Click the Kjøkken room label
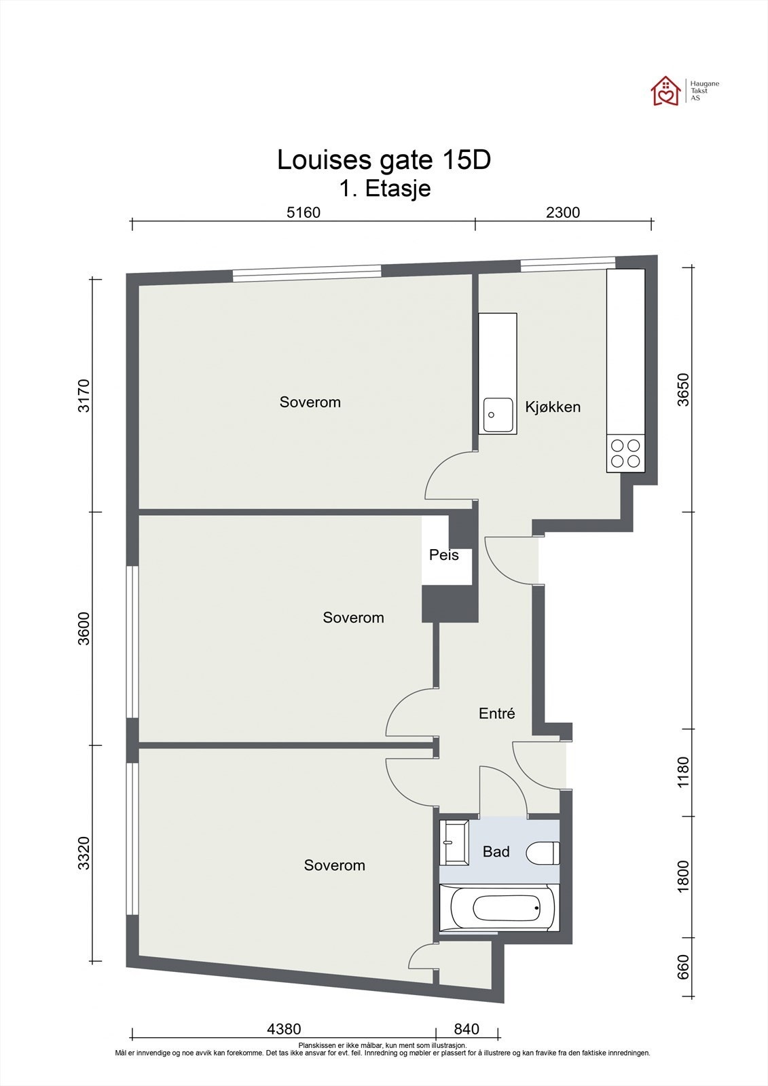(553, 407)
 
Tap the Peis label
(444, 555)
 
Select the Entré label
(497, 713)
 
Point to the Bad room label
(496, 851)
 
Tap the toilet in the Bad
(543, 853)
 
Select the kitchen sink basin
(498, 415)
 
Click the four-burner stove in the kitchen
(625, 453)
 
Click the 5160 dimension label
(304, 212)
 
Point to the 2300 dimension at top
(563, 212)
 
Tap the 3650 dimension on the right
(682, 390)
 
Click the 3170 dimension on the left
(84, 396)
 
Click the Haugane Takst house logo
(665, 91)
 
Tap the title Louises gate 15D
(384, 160)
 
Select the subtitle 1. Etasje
(385, 188)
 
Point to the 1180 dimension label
(682, 772)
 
